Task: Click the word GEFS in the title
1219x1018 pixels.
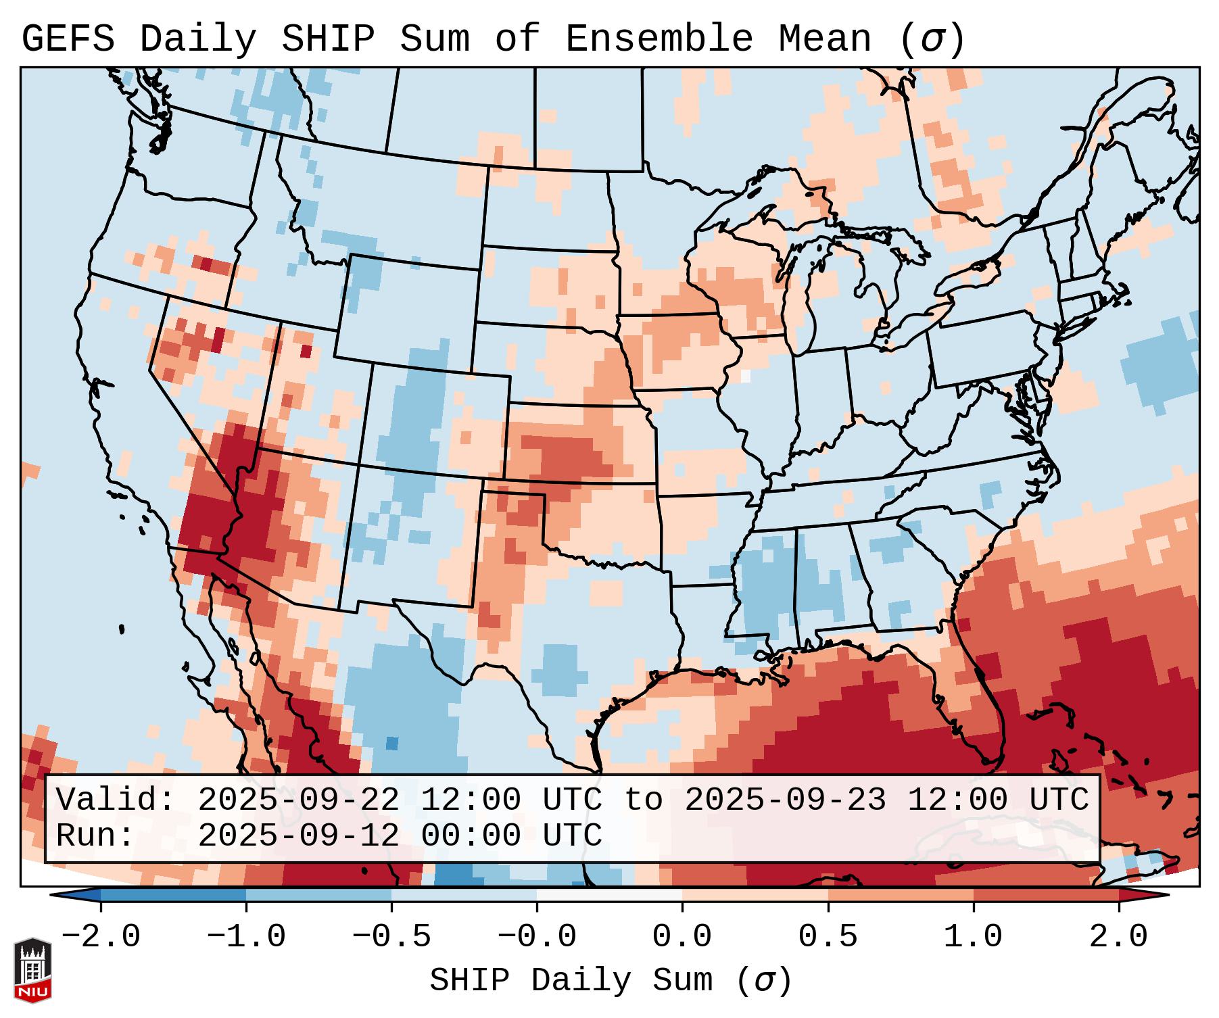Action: click(68, 39)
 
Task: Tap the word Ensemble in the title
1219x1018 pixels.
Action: click(659, 39)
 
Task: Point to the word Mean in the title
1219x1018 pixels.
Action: click(825, 39)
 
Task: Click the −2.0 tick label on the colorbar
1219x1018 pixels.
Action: click(101, 937)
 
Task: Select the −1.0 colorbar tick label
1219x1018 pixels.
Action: click(246, 937)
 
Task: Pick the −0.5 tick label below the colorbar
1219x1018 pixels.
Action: click(391, 937)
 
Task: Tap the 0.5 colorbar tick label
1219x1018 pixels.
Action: click(828, 937)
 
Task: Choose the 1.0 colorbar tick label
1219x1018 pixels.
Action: click(973, 937)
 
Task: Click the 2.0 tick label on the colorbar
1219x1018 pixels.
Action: click(1118, 937)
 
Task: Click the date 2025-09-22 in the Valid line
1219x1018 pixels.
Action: click(299, 800)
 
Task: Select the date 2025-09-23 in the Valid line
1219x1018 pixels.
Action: click(785, 800)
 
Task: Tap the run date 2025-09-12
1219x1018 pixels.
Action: click(299, 835)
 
